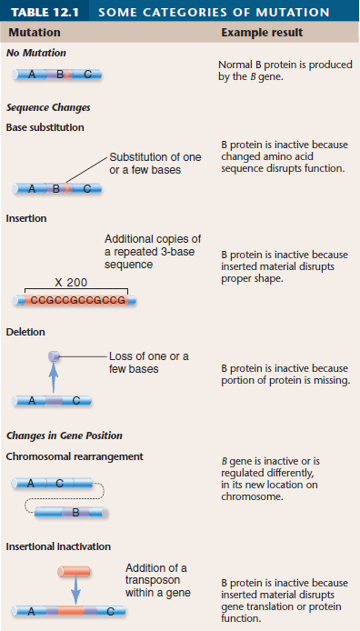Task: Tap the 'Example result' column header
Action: (262, 33)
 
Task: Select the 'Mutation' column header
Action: (35, 33)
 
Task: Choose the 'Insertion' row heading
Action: (26, 218)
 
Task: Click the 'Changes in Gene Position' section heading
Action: (64, 436)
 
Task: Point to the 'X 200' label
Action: (70, 283)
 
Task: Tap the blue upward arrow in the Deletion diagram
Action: (54, 377)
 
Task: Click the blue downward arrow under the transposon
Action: (75, 591)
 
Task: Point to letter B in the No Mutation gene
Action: (60, 74)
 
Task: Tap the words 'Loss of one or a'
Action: (148, 356)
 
